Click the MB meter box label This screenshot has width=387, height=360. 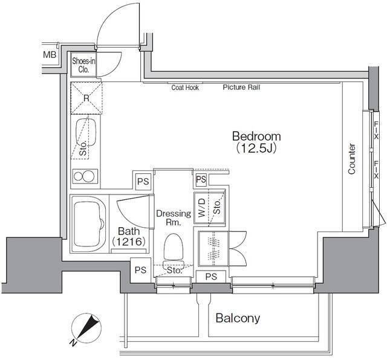(x=50, y=54)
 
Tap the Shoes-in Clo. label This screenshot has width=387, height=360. (x=83, y=65)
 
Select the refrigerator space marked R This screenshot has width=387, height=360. (x=86, y=98)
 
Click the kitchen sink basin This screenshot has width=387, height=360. (x=86, y=133)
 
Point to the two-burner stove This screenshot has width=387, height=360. (x=84, y=176)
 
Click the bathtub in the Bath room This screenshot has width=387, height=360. (x=89, y=224)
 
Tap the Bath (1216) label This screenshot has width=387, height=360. (x=128, y=236)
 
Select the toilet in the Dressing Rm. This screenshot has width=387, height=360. (x=174, y=249)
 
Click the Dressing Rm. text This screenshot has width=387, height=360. (x=174, y=217)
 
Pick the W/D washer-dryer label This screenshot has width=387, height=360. (x=201, y=208)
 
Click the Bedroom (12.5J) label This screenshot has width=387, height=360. (x=256, y=142)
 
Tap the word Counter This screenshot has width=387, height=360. (x=351, y=159)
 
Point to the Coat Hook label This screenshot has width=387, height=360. (x=185, y=88)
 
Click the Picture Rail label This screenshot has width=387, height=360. (x=241, y=87)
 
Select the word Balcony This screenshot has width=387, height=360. (x=238, y=318)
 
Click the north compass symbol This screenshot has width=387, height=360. (x=86, y=328)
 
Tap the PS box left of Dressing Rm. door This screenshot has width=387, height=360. (x=143, y=181)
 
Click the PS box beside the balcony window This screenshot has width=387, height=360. (x=211, y=277)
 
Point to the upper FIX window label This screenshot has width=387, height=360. (x=376, y=130)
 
